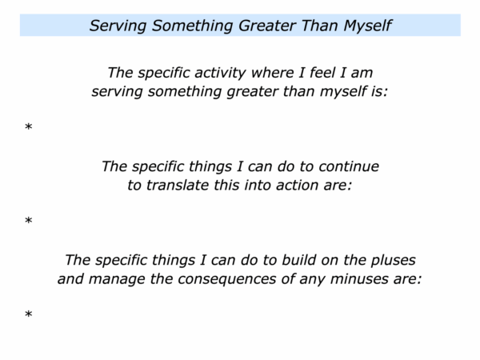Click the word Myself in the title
coord(367,26)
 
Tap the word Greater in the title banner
coord(267,26)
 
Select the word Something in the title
coord(194,26)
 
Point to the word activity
coord(220,73)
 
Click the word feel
coord(322,73)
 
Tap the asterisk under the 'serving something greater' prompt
coord(29,126)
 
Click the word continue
coord(349,166)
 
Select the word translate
coord(178,186)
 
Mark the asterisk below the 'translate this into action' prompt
coord(29,220)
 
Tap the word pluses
coord(393,261)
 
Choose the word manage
coord(117,279)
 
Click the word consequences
coord(227,279)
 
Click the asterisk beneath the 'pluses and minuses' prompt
coord(29,314)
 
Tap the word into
coord(258,186)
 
